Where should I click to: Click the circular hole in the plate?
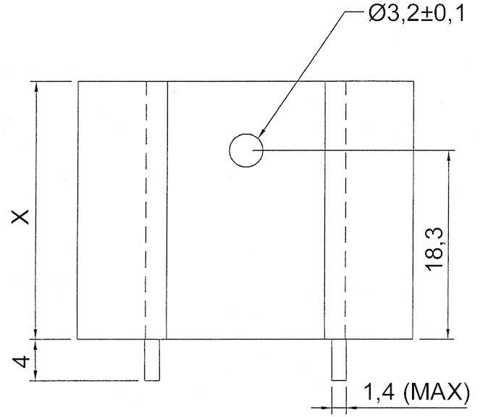click(x=246, y=151)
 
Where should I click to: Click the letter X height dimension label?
click(x=23, y=216)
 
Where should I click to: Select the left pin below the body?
click(x=151, y=359)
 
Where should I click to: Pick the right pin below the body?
click(x=339, y=359)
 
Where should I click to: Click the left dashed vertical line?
click(x=147, y=210)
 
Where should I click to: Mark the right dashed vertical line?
click(x=345, y=210)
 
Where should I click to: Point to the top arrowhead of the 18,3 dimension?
click(x=450, y=157)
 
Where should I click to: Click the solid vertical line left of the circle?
click(x=167, y=210)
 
